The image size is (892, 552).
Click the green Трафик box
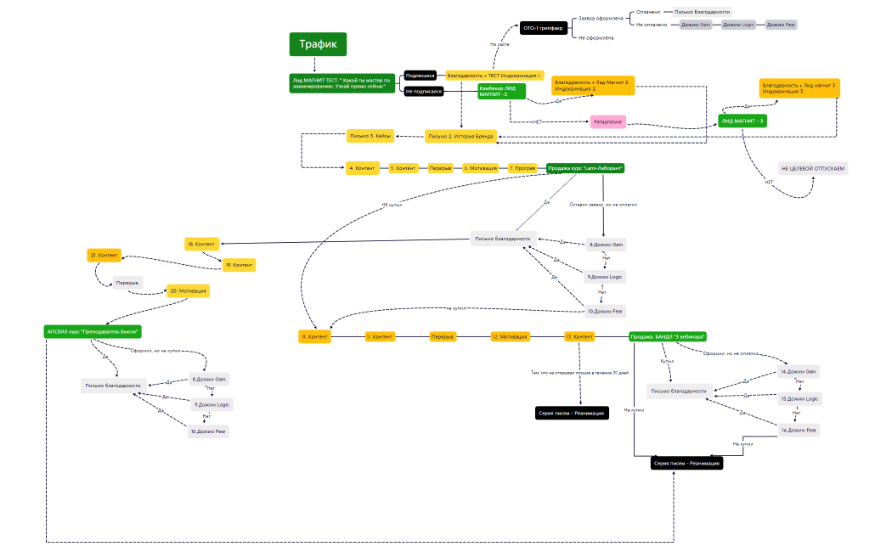point(318,44)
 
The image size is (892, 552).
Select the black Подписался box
point(420,76)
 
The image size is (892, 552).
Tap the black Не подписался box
point(423,91)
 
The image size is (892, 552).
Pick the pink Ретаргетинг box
point(608,121)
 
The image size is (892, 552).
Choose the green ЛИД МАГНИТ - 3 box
point(742,121)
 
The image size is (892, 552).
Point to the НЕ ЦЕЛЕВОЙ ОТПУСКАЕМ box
point(813,168)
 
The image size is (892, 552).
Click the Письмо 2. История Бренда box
point(460,136)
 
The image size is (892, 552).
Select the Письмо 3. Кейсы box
point(370,136)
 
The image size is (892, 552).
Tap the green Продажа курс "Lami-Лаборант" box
point(585,168)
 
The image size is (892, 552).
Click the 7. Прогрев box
point(523,168)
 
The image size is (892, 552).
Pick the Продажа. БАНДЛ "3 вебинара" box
point(669,336)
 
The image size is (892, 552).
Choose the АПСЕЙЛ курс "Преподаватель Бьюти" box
point(93,331)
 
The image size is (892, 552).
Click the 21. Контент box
point(104,255)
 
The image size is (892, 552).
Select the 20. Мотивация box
point(188,290)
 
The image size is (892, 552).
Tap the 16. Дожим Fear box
point(799,431)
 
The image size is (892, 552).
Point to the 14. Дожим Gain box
point(799,372)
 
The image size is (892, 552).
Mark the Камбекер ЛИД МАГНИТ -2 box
point(500,91)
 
